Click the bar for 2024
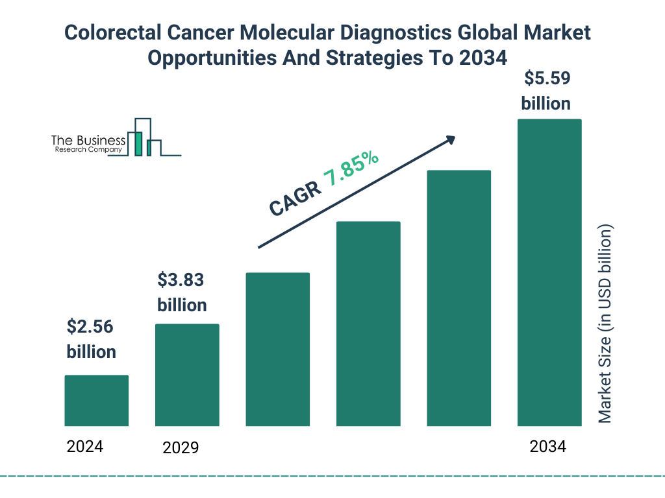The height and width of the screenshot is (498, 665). point(97,400)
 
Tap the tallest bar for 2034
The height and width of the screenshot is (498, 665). point(549,272)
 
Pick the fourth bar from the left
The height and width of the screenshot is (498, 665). point(368,324)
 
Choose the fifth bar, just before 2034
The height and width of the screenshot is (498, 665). point(458,298)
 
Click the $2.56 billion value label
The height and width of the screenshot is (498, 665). point(91,339)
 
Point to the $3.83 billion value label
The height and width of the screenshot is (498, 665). point(182,292)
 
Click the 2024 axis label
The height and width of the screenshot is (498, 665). point(85,446)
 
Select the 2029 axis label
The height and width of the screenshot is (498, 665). point(181,447)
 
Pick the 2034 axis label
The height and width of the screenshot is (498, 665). point(547,447)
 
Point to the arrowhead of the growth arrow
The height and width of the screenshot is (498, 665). point(449,139)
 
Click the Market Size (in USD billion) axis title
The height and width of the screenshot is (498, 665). point(605,324)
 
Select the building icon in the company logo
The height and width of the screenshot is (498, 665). point(145,137)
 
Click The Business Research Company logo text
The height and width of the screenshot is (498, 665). point(88,145)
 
